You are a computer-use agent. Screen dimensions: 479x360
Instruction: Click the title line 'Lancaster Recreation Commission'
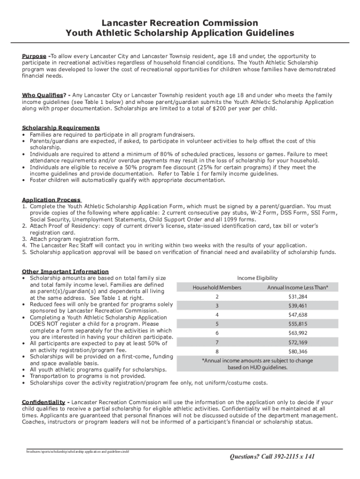coord(180,22)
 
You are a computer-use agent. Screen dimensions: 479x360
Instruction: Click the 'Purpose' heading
coord(34,56)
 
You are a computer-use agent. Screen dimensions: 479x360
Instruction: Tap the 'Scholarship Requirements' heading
coord(61,128)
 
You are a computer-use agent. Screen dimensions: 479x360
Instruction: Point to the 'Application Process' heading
coord(51,200)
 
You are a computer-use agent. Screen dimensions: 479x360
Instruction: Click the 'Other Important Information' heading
coord(65,271)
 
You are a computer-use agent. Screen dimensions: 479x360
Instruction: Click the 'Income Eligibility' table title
coord(257,277)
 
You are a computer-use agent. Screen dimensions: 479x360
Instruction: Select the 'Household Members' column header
coord(217,287)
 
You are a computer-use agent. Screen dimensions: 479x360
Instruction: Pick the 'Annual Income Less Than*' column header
coord(297,287)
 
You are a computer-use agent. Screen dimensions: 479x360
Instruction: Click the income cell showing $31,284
coord(297,297)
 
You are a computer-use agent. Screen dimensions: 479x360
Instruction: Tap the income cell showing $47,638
coord(297,315)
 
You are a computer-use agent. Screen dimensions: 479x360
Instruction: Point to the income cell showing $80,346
coord(297,351)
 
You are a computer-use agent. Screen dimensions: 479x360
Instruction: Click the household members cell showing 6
coord(217,333)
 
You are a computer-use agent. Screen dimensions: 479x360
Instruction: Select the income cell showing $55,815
coord(297,324)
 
